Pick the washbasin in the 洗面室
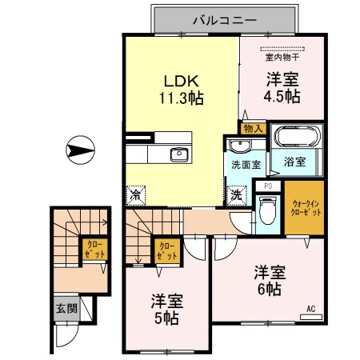coord(239,145)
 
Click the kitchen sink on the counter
coord(178,154)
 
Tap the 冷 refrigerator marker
coord(136,194)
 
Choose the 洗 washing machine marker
coord(238,194)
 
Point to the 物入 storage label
coord(251,128)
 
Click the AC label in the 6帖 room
coord(310,308)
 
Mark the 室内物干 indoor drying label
coord(282,56)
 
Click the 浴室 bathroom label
coord(294,162)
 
